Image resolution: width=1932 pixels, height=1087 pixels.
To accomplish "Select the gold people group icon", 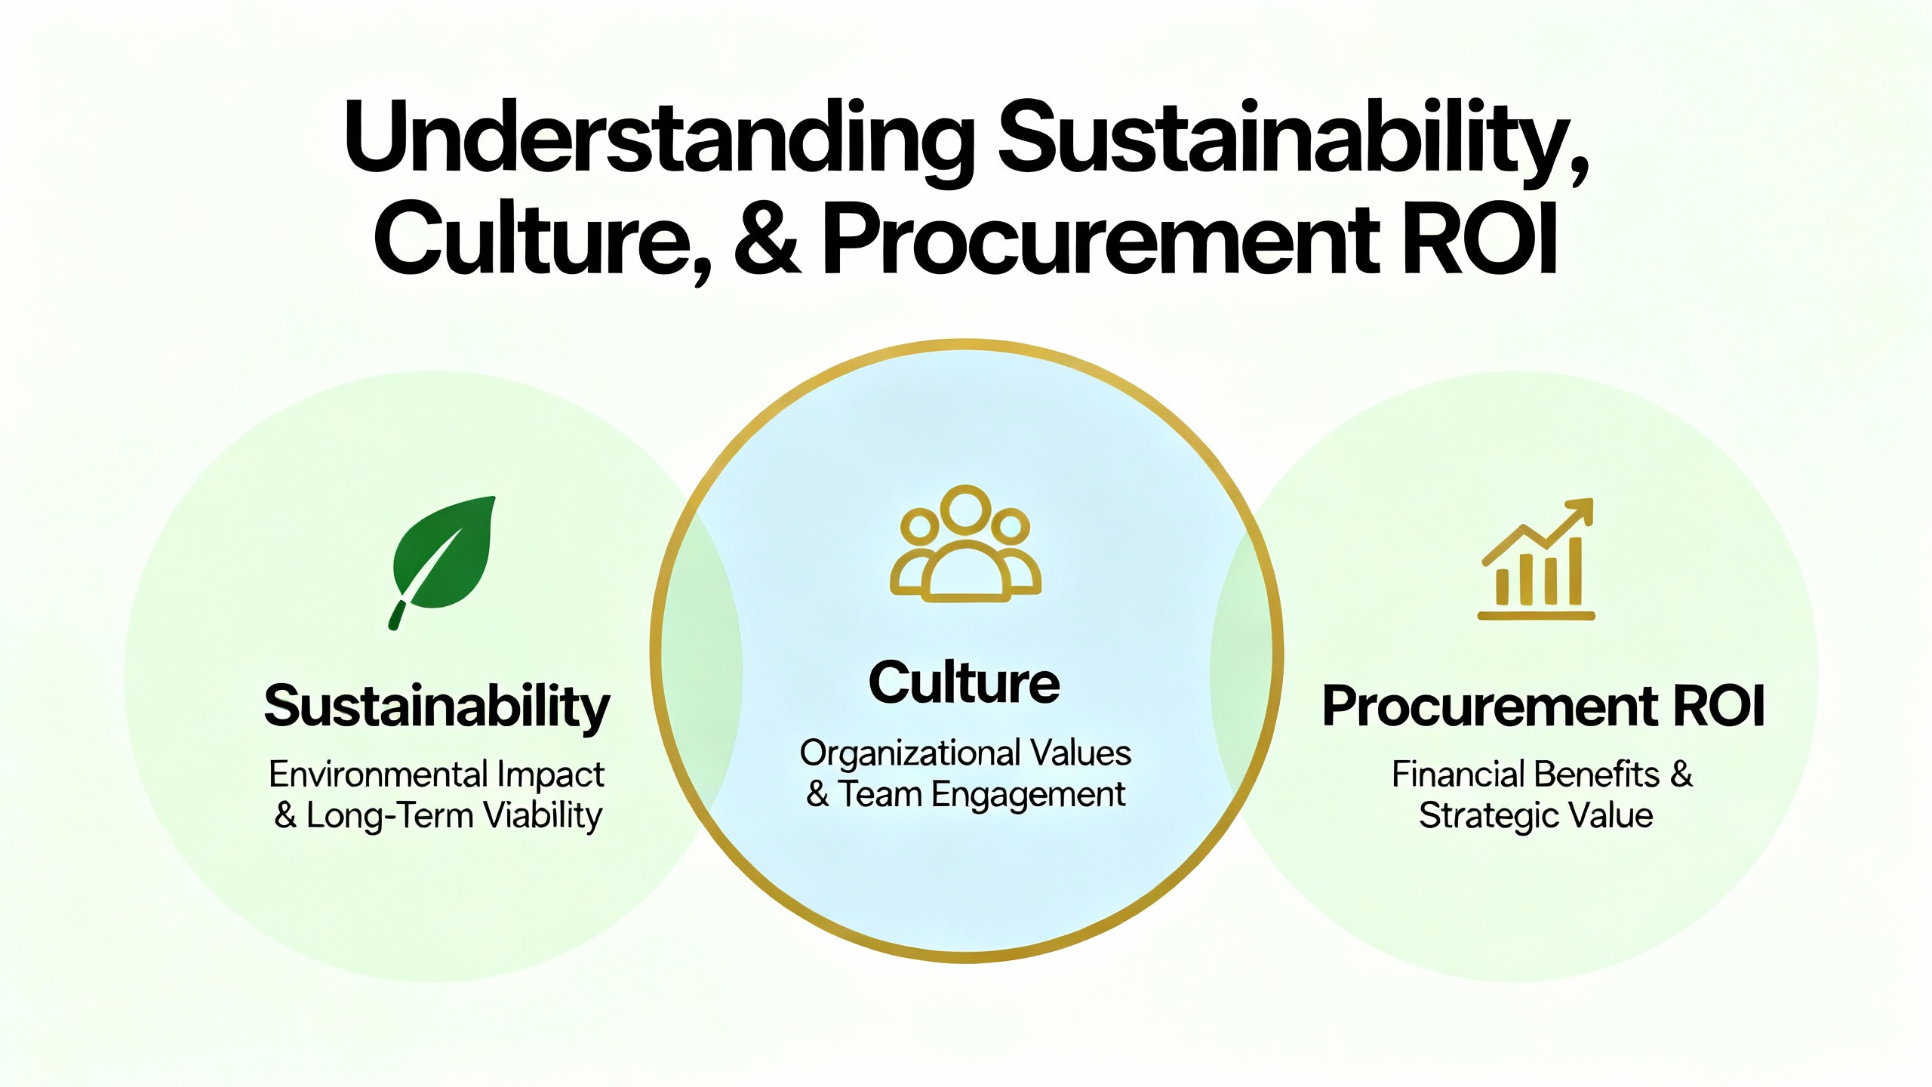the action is tap(965, 543).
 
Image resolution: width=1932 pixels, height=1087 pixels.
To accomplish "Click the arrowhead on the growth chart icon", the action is tap(1578, 512).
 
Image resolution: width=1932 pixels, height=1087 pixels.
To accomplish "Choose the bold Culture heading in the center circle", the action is tap(964, 682).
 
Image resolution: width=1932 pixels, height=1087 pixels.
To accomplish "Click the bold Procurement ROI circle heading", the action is tap(1543, 707).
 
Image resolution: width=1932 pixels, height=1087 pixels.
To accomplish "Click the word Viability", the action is tap(543, 816).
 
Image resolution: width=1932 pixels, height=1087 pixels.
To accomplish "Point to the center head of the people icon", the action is tap(965, 508).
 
